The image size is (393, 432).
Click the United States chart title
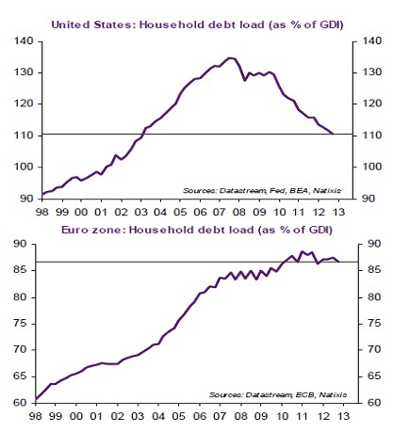[197, 24]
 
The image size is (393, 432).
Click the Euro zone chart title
[197, 230]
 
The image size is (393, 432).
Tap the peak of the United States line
[230, 58]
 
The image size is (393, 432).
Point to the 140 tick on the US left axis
[24, 41]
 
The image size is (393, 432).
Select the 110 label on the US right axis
[372, 136]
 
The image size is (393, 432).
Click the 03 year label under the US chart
[140, 212]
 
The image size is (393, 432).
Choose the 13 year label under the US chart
[338, 212]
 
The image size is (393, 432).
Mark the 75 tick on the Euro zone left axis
[21, 324]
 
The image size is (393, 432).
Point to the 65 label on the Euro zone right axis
[374, 376]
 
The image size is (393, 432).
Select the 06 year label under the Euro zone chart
[200, 416]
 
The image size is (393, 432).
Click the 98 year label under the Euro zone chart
[35, 416]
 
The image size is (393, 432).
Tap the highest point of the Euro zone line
[302, 251]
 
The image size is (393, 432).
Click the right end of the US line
[333, 135]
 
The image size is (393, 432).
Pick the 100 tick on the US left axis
[24, 167]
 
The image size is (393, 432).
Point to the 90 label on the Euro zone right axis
[374, 244]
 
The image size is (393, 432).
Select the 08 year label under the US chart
[239, 212]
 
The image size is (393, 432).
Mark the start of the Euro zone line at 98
[36, 400]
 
